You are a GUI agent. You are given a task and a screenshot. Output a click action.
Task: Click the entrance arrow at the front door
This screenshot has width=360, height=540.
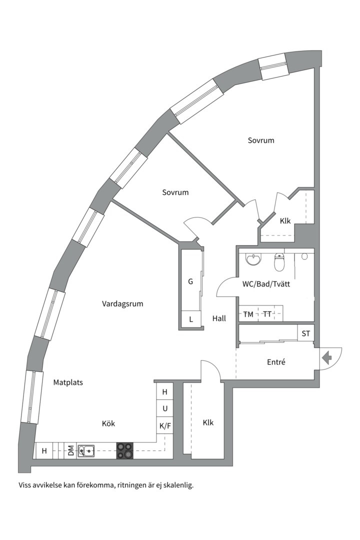(x=326, y=358)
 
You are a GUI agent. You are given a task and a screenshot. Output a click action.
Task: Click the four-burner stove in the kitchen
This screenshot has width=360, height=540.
(x=124, y=450)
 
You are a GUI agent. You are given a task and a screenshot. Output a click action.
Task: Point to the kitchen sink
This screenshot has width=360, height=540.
(x=86, y=450)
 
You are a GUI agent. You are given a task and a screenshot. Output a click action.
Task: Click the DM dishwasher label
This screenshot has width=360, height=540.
(x=70, y=450)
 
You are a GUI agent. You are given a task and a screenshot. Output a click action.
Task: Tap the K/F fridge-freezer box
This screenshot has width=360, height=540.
(x=165, y=426)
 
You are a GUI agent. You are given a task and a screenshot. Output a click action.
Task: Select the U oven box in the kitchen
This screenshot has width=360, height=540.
(x=165, y=409)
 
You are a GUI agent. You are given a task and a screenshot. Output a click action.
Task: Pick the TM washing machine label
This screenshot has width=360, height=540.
(x=248, y=314)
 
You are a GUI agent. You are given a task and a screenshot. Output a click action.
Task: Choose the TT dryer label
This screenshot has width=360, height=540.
(x=267, y=314)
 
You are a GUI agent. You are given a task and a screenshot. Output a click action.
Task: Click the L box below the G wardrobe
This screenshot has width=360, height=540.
(x=191, y=319)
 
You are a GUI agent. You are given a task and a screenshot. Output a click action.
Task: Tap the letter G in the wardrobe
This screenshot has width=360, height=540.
(x=190, y=281)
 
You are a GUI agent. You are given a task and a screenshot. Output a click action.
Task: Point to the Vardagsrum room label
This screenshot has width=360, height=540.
(x=122, y=304)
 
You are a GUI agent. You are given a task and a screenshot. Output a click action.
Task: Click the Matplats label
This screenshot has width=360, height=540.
(x=68, y=382)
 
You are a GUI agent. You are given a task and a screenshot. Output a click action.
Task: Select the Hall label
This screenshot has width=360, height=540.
(x=219, y=318)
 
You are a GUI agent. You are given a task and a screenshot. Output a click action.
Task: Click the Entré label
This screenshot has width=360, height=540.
(x=276, y=362)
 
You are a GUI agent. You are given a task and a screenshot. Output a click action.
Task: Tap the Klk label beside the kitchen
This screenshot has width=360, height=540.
(x=208, y=422)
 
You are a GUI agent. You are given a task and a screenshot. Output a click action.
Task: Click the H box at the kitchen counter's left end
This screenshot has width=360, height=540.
(x=44, y=450)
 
